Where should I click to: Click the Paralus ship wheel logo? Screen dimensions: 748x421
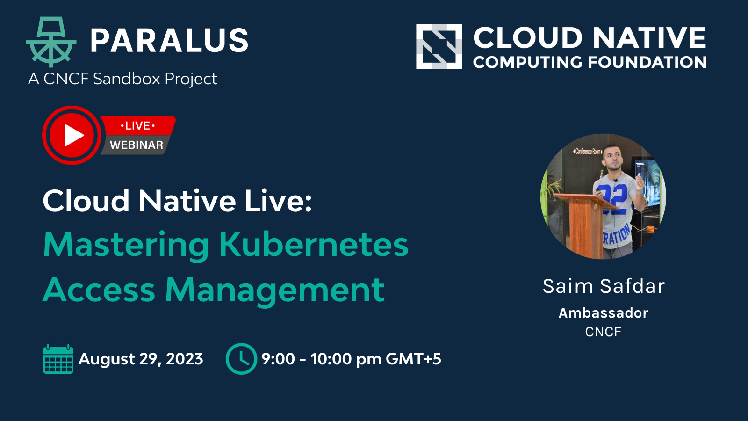(51, 42)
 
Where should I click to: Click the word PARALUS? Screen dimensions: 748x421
(169, 40)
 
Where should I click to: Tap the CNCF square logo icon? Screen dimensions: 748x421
(439, 47)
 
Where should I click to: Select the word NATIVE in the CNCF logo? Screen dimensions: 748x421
(649, 37)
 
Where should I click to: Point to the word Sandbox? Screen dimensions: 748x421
(127, 79)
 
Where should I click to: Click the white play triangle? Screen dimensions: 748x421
(73, 135)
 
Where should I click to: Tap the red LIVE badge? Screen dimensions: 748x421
(137, 126)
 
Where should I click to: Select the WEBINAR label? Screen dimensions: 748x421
(136, 145)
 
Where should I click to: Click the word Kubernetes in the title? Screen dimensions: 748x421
(314, 244)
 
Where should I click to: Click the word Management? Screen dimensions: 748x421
(275, 290)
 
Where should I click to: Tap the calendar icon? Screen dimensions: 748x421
(58, 358)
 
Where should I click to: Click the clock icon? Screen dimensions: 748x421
(241, 359)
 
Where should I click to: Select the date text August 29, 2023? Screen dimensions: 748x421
(141, 359)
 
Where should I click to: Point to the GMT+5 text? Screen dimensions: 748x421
(413, 359)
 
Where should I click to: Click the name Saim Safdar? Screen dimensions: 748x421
(604, 286)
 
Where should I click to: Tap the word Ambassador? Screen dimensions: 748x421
(604, 313)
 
